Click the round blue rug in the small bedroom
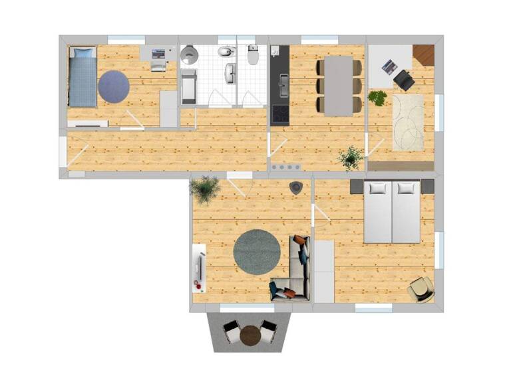click(114, 86)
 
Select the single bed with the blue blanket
click(83, 76)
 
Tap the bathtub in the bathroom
click(189, 86)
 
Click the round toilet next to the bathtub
click(188, 54)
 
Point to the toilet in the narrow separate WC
click(253, 56)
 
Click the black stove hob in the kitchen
click(280, 114)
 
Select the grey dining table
click(339, 85)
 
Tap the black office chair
click(404, 80)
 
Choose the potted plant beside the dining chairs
click(377, 98)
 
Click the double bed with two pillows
click(392, 211)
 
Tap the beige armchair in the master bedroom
click(422, 288)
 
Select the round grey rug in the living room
click(257, 253)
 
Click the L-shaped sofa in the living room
click(295, 269)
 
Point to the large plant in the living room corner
click(205, 189)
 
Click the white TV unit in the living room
click(198, 268)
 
